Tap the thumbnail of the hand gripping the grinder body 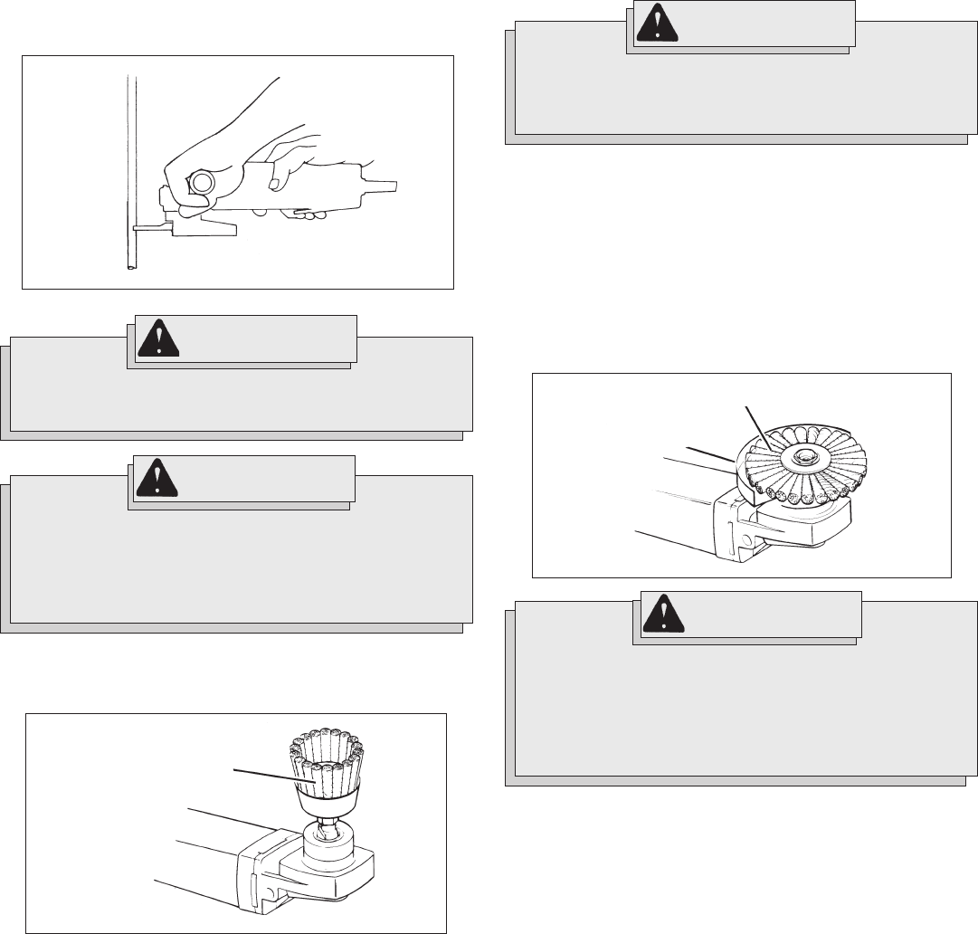pos(272,185)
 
